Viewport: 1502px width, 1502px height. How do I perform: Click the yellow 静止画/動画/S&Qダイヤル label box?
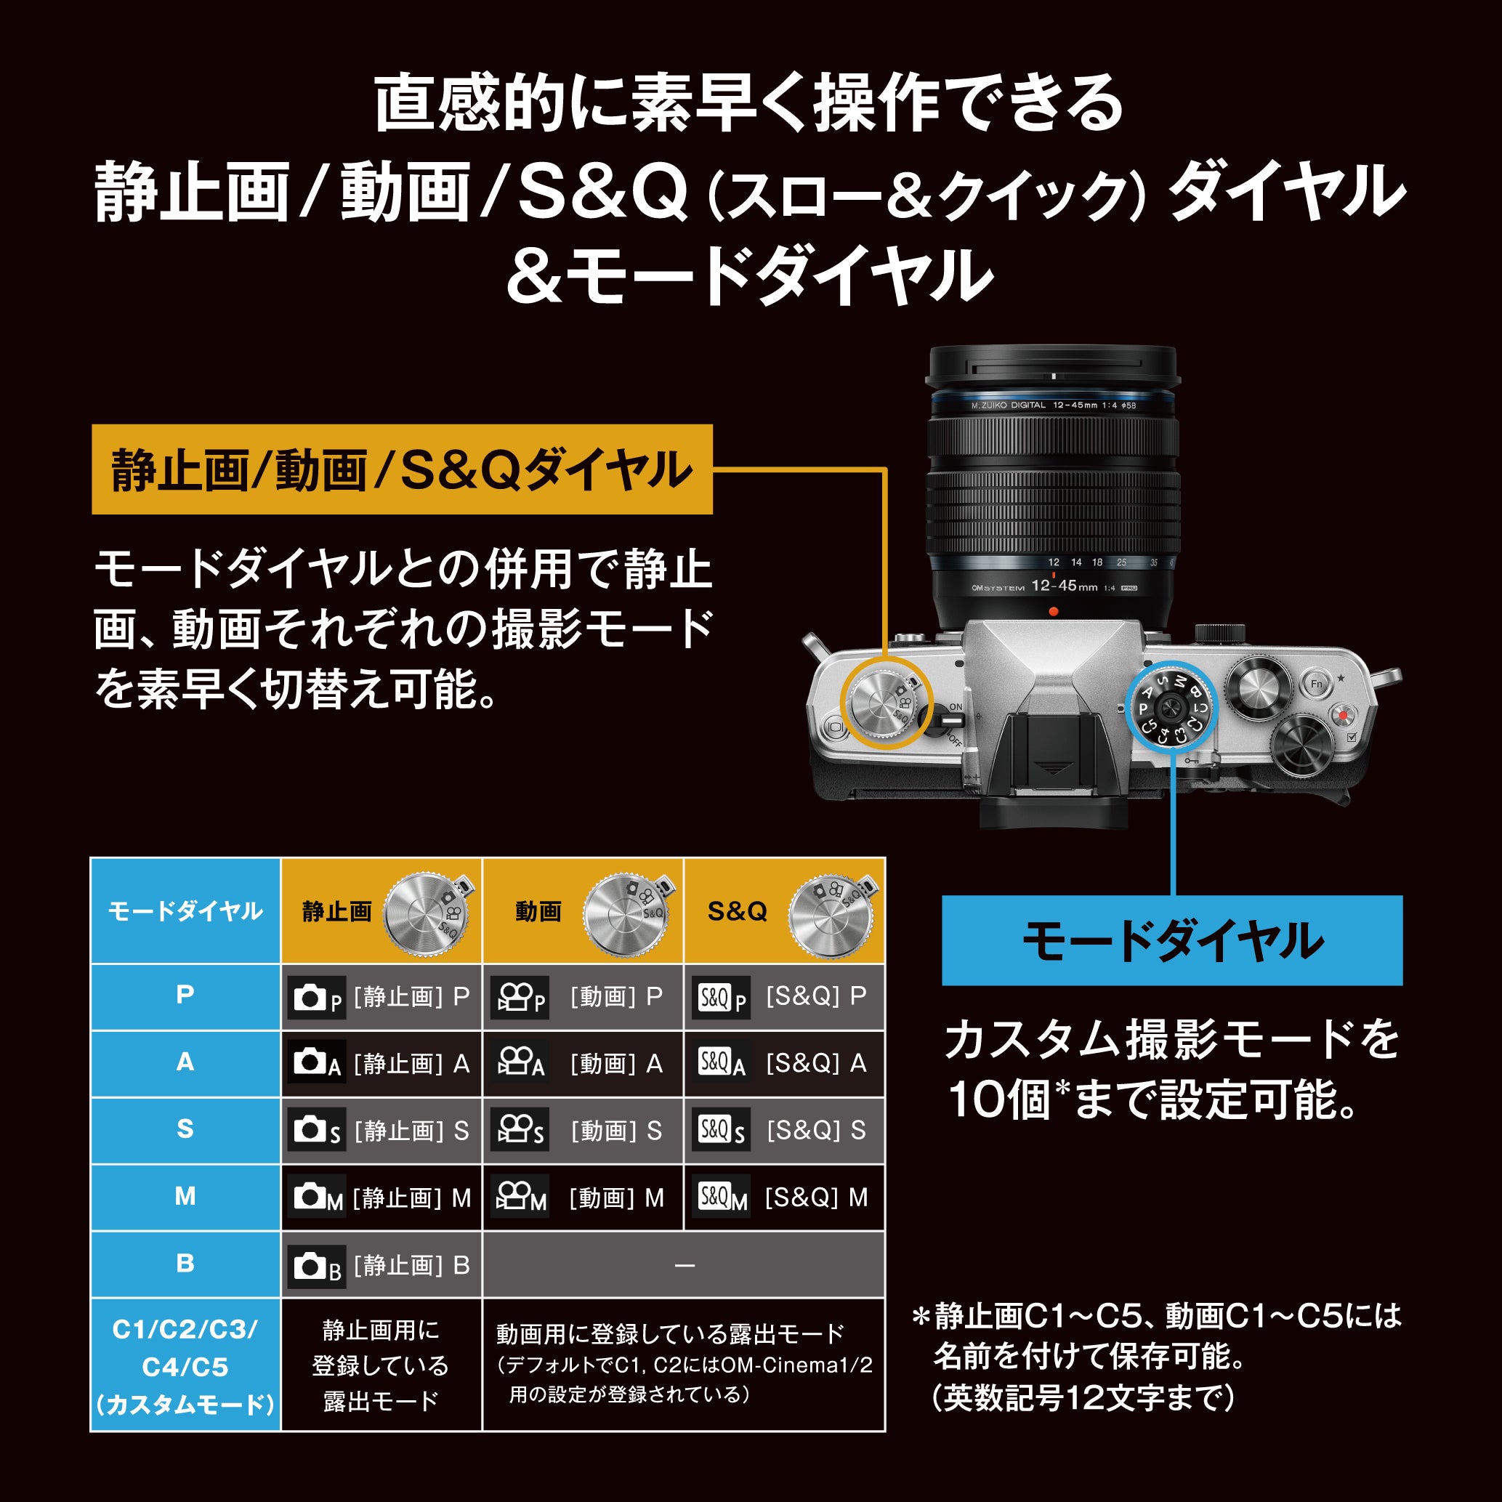pyautogui.click(x=402, y=469)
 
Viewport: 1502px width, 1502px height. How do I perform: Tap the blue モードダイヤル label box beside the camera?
pyautogui.click(x=1171, y=941)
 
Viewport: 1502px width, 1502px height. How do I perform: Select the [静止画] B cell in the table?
pyautogui.click(x=381, y=1265)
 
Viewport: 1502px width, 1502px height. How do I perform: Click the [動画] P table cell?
pyautogui.click(x=582, y=997)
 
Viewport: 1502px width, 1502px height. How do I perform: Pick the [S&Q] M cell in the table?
pyautogui.click(x=783, y=1198)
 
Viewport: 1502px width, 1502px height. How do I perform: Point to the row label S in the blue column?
pyautogui.click(x=185, y=1130)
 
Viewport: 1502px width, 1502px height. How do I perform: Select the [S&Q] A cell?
pyautogui.click(x=783, y=1063)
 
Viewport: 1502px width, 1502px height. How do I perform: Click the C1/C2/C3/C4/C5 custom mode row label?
pyautogui.click(x=185, y=1366)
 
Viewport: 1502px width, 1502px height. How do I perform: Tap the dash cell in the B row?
pyautogui.click(x=683, y=1266)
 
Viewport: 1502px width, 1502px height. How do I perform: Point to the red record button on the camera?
pyautogui.click(x=1343, y=714)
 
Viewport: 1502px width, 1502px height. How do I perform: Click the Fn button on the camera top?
pyautogui.click(x=1316, y=684)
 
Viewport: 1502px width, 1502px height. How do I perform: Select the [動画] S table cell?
pyautogui.click(x=582, y=1131)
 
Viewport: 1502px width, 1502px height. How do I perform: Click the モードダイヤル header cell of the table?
pyautogui.click(x=185, y=911)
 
